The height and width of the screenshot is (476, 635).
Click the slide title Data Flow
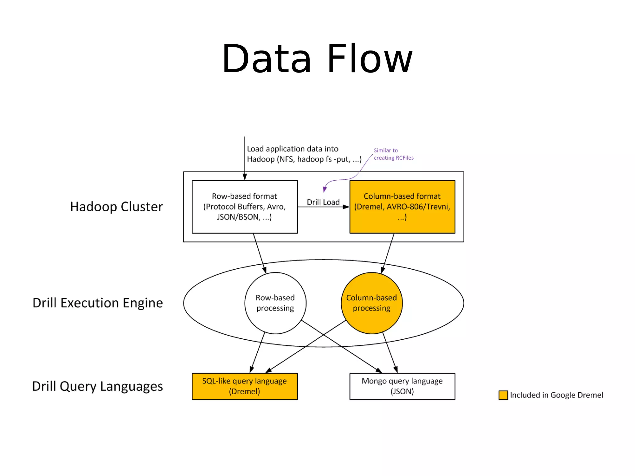pyautogui.click(x=317, y=59)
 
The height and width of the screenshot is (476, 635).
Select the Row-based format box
pyautogui.click(x=245, y=207)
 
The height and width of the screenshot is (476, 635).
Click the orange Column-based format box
pyautogui.click(x=402, y=207)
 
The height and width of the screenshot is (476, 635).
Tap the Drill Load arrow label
pyautogui.click(x=323, y=202)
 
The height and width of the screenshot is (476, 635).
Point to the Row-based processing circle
pyautogui.click(x=275, y=303)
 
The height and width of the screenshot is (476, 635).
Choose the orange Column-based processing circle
pyautogui.click(x=371, y=303)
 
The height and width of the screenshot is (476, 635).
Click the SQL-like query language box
pyautogui.click(x=245, y=386)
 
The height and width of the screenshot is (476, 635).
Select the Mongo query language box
pyautogui.click(x=402, y=386)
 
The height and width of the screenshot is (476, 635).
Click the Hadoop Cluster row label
pyautogui.click(x=116, y=207)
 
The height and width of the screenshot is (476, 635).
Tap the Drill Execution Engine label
pyautogui.click(x=98, y=303)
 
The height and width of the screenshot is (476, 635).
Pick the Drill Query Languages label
pyautogui.click(x=98, y=386)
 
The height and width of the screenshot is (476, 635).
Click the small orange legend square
pyautogui.click(x=503, y=395)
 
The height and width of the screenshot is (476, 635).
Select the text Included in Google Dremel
pyautogui.click(x=556, y=395)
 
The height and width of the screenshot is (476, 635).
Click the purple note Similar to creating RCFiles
pyautogui.click(x=393, y=154)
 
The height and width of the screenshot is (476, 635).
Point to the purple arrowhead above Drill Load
pyautogui.click(x=325, y=189)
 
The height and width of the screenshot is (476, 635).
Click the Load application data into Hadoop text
pyautogui.click(x=304, y=154)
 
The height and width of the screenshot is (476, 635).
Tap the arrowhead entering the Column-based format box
pyautogui.click(x=346, y=207)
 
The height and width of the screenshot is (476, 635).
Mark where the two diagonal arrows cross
pyautogui.click(x=324, y=335)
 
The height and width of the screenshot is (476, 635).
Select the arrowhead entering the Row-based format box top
pyautogui.click(x=245, y=177)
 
